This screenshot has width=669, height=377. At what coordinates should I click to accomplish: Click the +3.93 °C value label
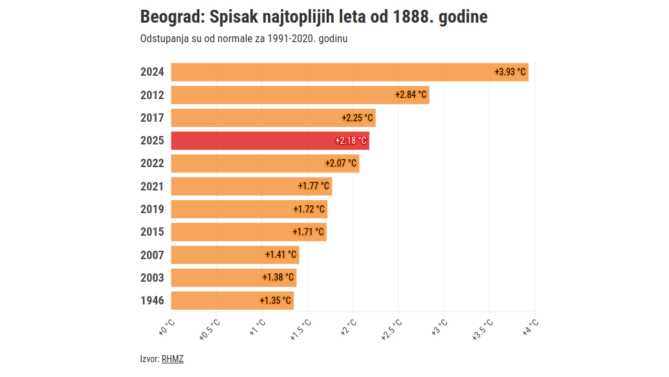click(x=510, y=72)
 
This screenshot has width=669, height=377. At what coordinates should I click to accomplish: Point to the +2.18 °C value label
click(x=351, y=141)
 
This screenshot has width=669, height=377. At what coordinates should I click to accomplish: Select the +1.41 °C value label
click(x=281, y=255)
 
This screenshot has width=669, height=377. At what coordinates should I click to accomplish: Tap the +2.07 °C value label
click(x=341, y=163)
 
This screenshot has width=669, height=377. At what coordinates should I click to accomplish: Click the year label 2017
click(x=152, y=118)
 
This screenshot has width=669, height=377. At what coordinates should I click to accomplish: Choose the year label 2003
click(x=152, y=278)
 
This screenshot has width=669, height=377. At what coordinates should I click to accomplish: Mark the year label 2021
click(x=152, y=187)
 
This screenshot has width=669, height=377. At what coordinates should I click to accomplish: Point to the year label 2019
click(x=152, y=209)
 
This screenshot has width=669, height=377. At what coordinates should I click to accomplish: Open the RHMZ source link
click(x=172, y=359)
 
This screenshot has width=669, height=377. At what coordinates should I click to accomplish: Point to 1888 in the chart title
click(x=413, y=17)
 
